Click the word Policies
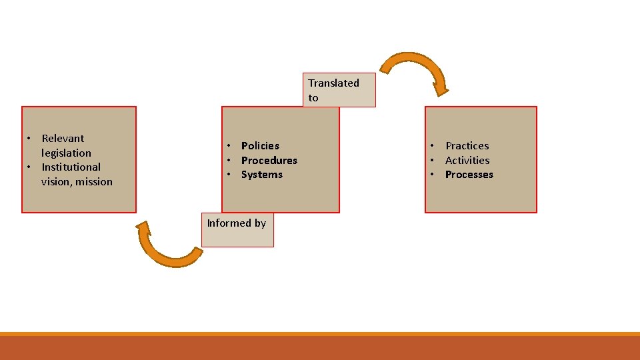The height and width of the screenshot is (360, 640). coord(260,145)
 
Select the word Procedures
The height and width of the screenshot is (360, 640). coord(269,160)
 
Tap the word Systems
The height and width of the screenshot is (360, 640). coord(261,175)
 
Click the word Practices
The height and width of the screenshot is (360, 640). coord(467,145)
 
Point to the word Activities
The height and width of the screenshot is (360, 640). coord(467,160)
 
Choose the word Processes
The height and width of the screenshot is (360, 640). coord(469,175)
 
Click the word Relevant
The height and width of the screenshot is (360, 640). coord(63,138)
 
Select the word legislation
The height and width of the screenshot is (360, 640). coord(66,153)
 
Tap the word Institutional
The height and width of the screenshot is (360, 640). coord(71,167)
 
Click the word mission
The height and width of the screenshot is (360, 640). coord(94,182)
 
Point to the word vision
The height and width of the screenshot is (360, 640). coord(56,182)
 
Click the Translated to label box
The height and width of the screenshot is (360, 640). coord(339,90)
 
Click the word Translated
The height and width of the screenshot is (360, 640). coord(333,83)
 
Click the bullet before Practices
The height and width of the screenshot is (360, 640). coord(432,145)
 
